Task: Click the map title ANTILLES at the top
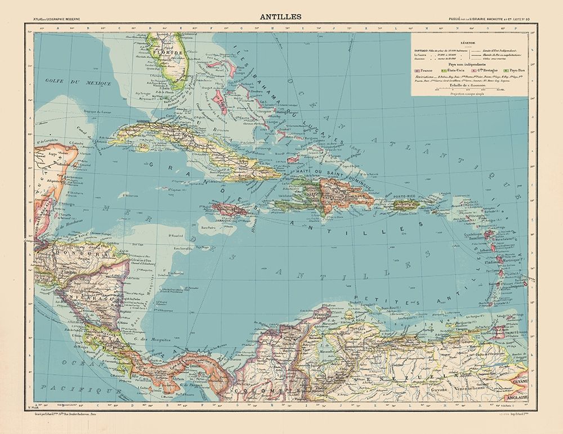click(x=281, y=16)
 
